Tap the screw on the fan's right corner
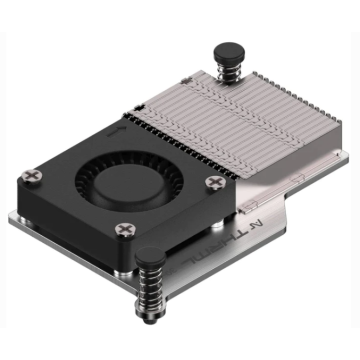click(213, 181)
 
